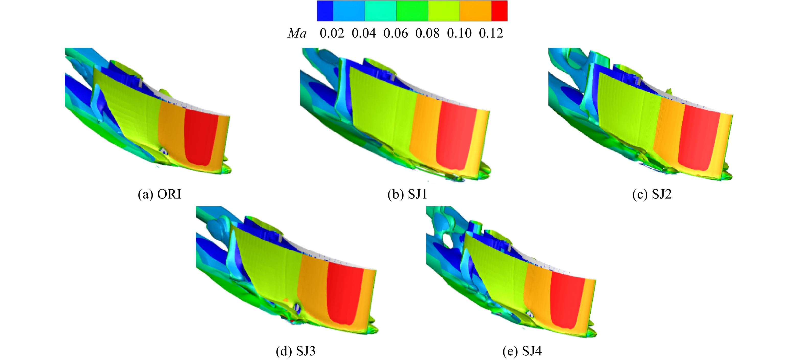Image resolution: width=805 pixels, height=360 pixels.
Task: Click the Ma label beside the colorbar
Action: click(297, 33)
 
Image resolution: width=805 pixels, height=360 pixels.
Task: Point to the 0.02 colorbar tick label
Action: click(332, 33)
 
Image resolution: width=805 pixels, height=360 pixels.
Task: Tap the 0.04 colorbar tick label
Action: click(364, 33)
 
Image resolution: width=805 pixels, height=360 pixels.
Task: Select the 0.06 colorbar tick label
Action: click(396, 33)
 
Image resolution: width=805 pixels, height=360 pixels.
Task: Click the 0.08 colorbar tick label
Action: click(428, 33)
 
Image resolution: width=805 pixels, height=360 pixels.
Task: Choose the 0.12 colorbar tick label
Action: click(491, 33)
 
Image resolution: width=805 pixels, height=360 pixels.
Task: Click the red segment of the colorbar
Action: click(499, 11)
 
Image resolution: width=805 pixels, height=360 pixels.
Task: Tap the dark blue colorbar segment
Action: click(325, 11)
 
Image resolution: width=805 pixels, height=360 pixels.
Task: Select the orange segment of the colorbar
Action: click(476, 11)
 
